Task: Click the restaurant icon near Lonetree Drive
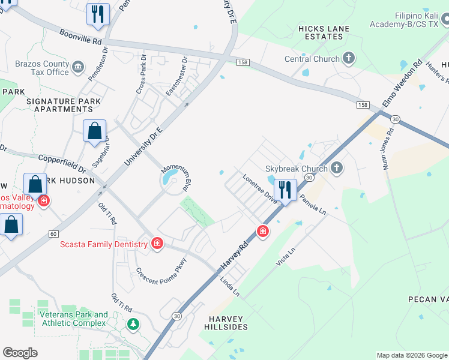(286, 190)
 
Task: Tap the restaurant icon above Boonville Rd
(98, 13)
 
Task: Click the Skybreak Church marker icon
(337, 168)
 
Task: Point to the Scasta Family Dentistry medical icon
(157, 244)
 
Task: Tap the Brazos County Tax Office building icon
(78, 66)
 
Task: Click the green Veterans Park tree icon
(133, 325)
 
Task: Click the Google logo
(20, 353)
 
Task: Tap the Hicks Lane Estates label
(322, 32)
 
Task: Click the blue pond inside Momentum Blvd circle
(170, 178)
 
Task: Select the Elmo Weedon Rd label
(402, 83)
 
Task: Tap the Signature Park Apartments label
(64, 105)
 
